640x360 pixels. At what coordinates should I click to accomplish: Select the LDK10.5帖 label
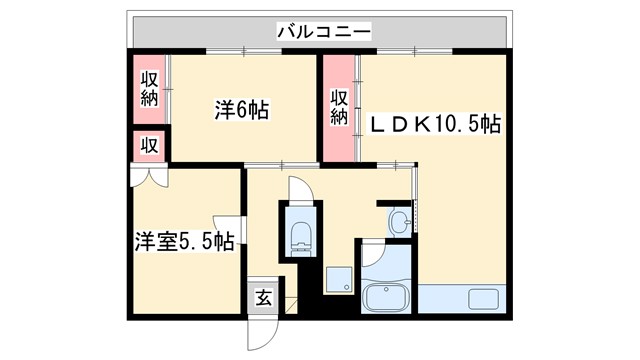[437, 124]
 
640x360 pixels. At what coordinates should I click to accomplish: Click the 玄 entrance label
[262, 297]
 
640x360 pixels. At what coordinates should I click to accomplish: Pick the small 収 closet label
[149, 145]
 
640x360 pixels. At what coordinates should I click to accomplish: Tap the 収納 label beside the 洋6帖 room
[150, 88]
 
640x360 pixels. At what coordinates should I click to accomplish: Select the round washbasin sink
[401, 220]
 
